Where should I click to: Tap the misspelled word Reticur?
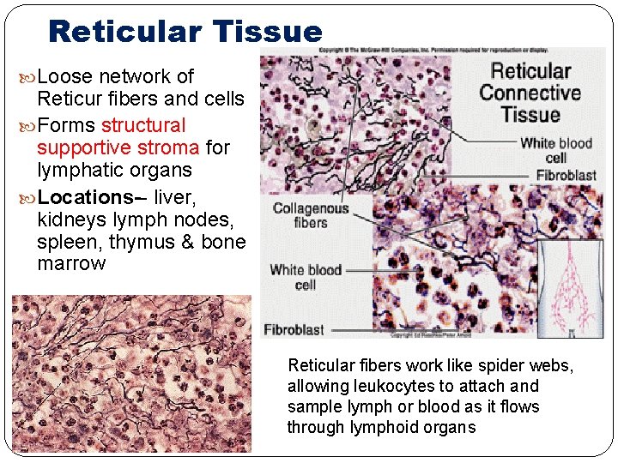70,99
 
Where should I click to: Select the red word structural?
143,125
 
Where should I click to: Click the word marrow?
71,264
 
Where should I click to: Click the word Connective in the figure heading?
530,93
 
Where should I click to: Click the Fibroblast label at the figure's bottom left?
294,330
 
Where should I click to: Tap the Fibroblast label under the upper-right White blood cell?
566,175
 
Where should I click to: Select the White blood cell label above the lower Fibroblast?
305,277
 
